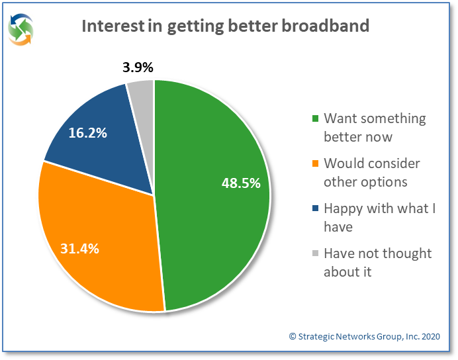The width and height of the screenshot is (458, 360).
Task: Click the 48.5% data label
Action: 241,183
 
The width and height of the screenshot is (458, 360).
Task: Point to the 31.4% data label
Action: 79,248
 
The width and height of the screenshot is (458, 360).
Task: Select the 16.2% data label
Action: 87,133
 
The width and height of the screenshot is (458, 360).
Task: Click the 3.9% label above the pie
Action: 138,67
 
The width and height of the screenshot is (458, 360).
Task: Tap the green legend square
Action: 316,118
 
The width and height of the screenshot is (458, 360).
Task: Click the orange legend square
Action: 316,163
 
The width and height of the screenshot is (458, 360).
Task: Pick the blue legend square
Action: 316,208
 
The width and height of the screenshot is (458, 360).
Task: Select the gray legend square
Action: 316,253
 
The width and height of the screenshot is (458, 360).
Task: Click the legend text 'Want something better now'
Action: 375,128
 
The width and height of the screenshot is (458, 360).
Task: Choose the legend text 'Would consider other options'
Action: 372,173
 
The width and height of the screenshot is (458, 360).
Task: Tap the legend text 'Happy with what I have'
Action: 380,218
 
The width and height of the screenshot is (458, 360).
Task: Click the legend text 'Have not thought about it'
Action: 378,263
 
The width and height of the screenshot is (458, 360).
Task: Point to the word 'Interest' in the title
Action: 113,26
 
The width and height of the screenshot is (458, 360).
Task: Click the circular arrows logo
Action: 21,30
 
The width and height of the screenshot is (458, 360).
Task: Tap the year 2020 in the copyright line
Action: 431,337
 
